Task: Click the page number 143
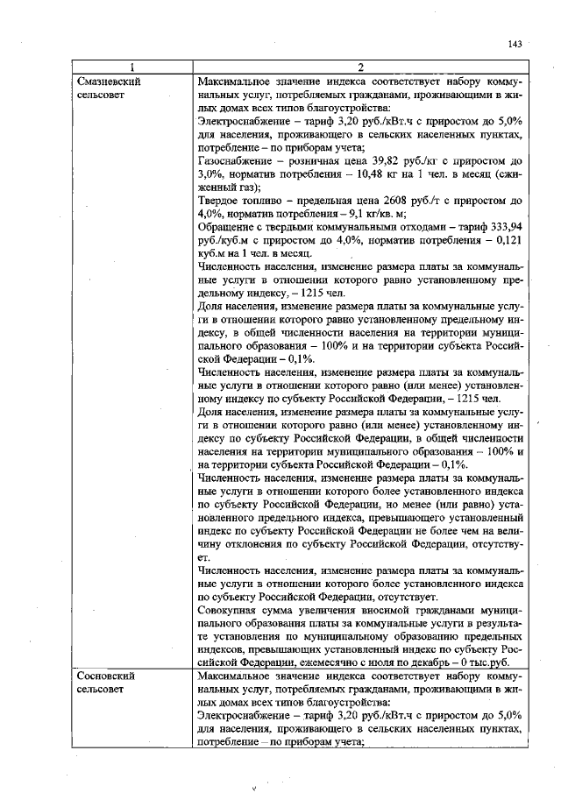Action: coord(515,45)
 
